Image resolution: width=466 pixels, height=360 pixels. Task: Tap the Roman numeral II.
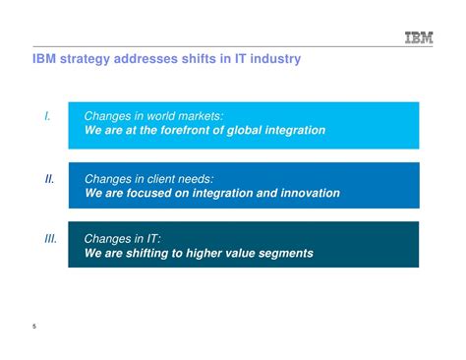click(48, 179)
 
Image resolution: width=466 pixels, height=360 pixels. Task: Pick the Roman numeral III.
click(50, 238)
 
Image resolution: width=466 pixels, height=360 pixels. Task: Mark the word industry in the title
click(274, 60)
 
